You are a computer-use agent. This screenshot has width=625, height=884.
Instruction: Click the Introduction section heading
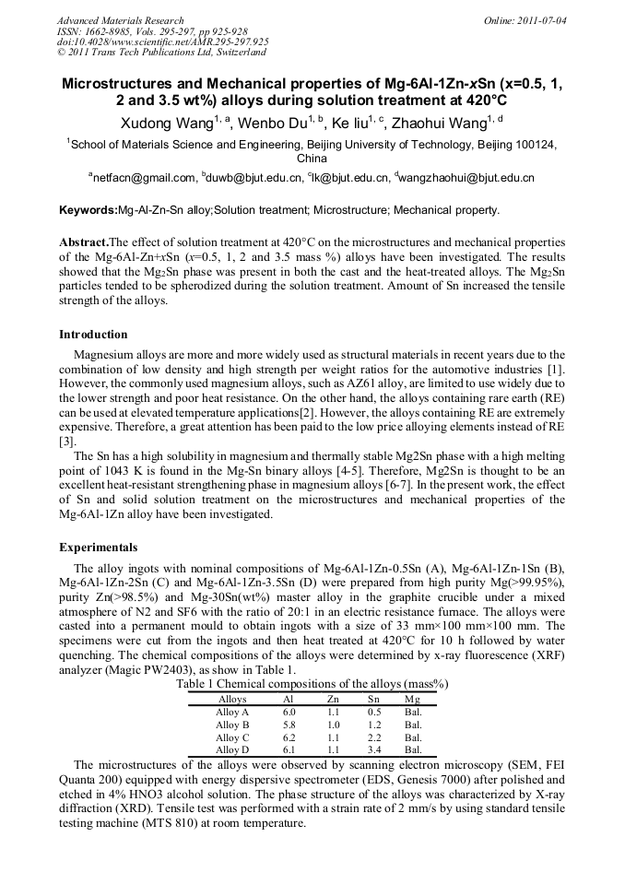pos(93,335)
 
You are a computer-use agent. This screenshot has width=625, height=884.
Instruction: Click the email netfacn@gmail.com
pos(142,178)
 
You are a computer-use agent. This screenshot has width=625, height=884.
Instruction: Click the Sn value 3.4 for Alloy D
pos(373,750)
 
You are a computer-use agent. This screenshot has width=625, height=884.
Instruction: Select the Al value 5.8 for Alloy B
pos(289,725)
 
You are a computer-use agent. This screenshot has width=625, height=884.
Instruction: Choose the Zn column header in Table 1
pos(333,700)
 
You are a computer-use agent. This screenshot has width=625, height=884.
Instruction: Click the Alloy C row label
pos(232,737)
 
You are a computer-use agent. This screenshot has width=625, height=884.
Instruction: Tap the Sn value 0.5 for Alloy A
pos(373,713)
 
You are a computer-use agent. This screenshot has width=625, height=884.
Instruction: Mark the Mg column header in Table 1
pos(412,700)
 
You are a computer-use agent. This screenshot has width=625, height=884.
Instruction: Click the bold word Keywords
pos(89,210)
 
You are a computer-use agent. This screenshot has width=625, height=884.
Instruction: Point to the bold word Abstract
pos(84,242)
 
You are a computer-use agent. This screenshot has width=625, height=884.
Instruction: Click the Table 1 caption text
pos(312,685)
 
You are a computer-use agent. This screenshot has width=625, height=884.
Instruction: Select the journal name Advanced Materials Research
pos(120,20)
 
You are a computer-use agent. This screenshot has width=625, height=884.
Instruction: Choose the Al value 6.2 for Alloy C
pos(289,737)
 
